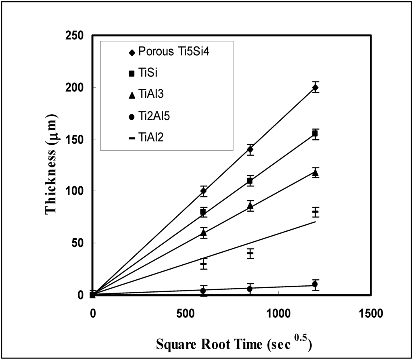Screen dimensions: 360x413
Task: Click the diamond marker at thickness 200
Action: tap(315, 88)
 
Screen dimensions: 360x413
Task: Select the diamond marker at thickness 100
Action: tap(204, 191)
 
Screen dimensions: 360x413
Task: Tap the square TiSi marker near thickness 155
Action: tap(315, 134)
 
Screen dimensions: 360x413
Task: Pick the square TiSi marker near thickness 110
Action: tap(250, 181)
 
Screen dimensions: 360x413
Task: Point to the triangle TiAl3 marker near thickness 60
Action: tap(204, 232)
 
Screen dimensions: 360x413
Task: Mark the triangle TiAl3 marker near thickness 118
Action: tap(315, 173)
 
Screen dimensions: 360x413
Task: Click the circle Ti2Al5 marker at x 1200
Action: tap(315, 285)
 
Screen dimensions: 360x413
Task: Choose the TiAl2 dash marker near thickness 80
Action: tap(315, 211)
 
